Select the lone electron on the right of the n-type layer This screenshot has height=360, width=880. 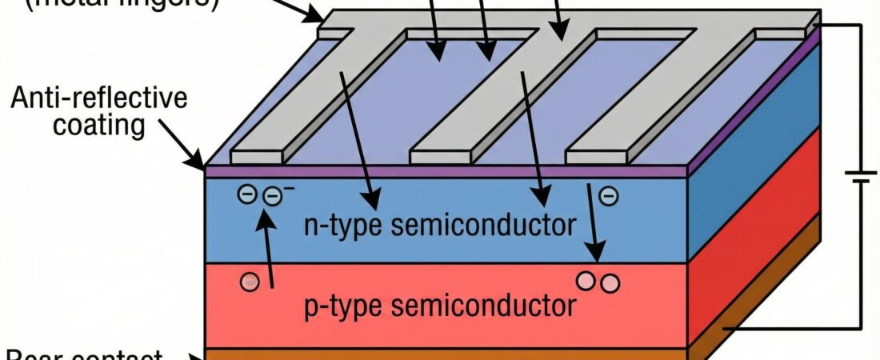[609, 194]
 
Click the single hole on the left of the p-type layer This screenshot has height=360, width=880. [250, 282]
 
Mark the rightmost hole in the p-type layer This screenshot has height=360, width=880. [610, 282]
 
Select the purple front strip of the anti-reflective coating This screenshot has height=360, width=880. [444, 171]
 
